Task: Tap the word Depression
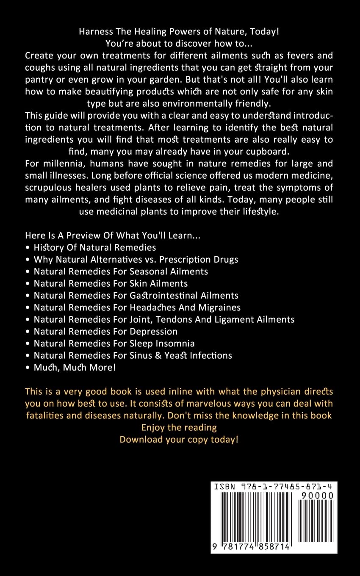[x=152, y=331]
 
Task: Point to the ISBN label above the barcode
[x=224, y=487]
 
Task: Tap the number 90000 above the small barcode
[x=316, y=496]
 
